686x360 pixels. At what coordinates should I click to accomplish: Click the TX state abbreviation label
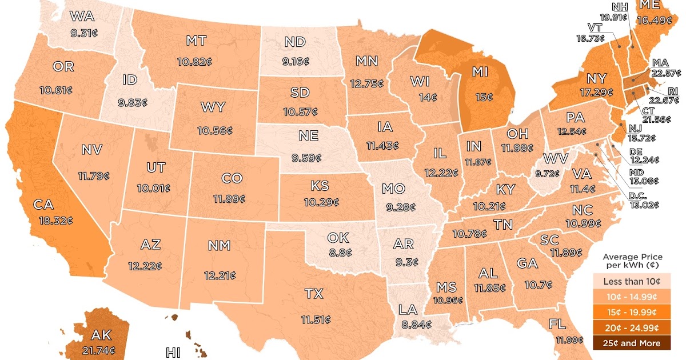[314, 294]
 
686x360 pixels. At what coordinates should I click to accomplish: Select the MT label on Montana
[196, 41]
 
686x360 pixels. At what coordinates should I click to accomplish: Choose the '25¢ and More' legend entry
[633, 343]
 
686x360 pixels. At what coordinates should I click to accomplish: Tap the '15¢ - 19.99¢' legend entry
[633, 312]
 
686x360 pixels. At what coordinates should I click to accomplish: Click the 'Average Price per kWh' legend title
[633, 261]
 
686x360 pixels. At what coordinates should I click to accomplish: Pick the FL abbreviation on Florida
[557, 325]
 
